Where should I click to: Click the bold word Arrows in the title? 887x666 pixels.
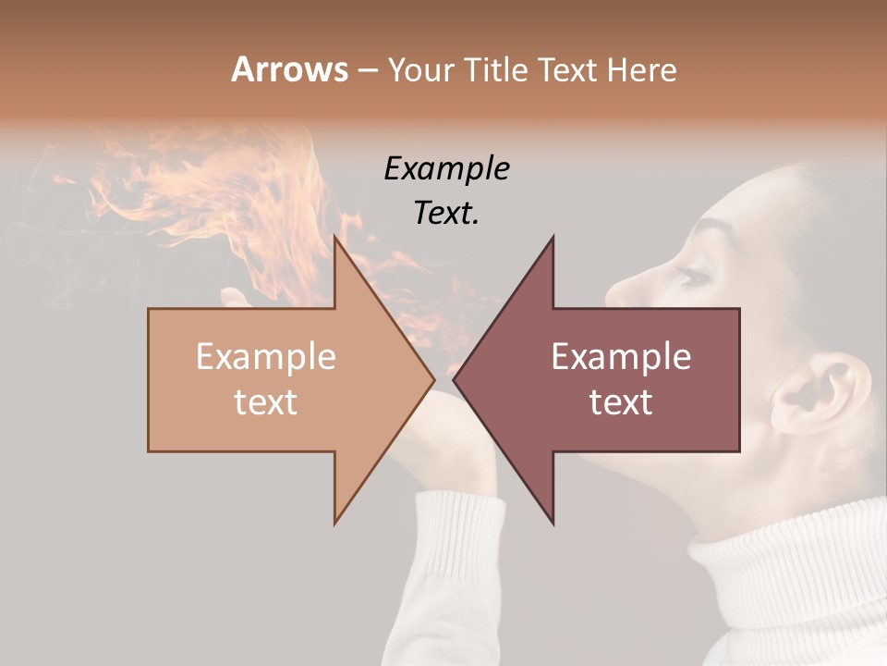pyautogui.click(x=289, y=69)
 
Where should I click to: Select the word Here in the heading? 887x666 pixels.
pyautogui.click(x=641, y=69)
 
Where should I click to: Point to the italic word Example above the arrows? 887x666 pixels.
pyautogui.click(x=446, y=168)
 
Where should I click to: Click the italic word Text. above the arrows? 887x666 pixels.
pyautogui.click(x=446, y=214)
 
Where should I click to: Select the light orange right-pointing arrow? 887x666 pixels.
pyautogui.click(x=277, y=379)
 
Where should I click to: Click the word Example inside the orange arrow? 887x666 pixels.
pyautogui.click(x=265, y=357)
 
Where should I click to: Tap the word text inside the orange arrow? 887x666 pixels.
pyautogui.click(x=265, y=402)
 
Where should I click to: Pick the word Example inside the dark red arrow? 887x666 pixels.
pyautogui.click(x=621, y=357)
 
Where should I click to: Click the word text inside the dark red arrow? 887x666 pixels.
pyautogui.click(x=621, y=402)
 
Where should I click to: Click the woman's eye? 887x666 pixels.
pyautogui.click(x=693, y=276)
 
